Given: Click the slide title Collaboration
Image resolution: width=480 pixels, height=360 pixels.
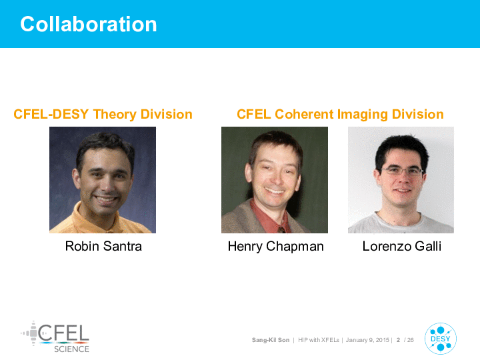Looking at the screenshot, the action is click(x=89, y=24).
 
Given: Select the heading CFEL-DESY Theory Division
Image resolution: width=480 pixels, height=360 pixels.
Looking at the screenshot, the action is click(x=103, y=114).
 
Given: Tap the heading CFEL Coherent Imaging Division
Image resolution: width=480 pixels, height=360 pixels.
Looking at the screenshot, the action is click(x=340, y=114).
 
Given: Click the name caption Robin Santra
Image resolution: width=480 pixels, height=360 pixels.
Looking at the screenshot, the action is click(x=103, y=246).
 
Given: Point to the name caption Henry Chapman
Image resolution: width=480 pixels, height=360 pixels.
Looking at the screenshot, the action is click(x=275, y=247).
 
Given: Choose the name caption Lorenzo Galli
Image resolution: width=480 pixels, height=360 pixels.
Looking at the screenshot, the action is click(x=401, y=246).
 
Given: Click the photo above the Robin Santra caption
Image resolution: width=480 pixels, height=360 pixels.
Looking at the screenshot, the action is click(x=103, y=180).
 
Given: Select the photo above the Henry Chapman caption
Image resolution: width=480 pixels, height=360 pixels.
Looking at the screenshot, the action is click(x=275, y=180).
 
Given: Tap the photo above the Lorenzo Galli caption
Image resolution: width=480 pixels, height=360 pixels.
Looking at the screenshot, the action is click(x=401, y=180).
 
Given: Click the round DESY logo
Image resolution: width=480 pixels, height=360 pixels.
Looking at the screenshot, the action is click(x=441, y=339).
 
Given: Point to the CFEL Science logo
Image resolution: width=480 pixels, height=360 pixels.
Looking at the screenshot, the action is click(x=55, y=337).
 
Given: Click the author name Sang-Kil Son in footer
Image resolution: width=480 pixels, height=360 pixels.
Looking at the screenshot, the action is click(x=271, y=340).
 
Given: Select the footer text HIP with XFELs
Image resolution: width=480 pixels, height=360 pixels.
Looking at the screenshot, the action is click(x=319, y=340).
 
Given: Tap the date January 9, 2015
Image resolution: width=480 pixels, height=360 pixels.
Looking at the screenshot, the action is click(x=367, y=340).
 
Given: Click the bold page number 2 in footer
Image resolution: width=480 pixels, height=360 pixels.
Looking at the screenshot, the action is click(x=398, y=340).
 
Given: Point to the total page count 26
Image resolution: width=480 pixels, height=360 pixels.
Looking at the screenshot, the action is click(x=411, y=340).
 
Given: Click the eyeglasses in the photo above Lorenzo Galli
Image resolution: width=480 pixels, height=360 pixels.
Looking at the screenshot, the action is click(x=402, y=171).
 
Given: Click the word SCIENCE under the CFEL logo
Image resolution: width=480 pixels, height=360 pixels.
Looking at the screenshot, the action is click(x=71, y=349).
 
